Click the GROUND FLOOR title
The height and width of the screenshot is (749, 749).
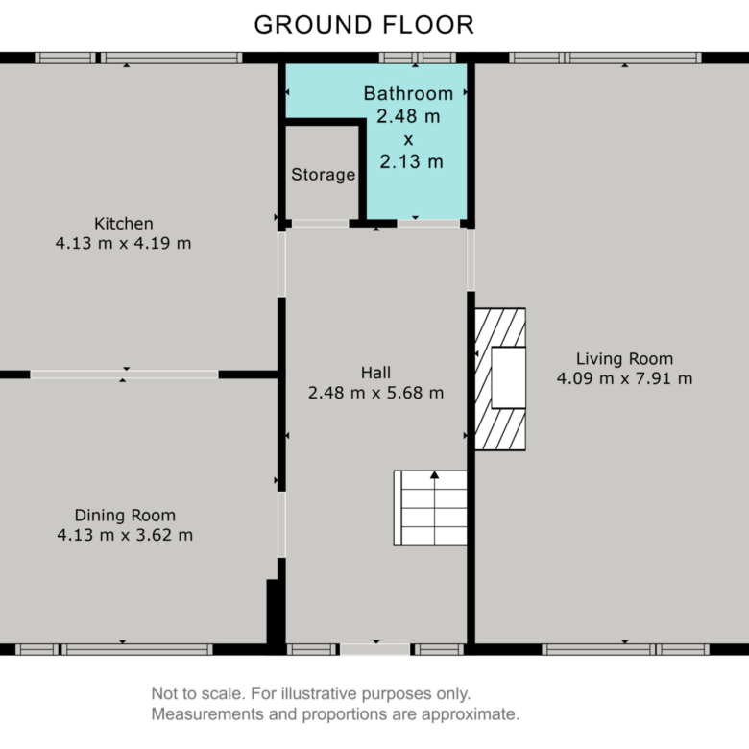point(364,25)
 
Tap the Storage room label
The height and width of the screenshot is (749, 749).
point(324,175)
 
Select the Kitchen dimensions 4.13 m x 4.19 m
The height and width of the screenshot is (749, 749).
point(123,243)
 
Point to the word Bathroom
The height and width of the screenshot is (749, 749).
point(408,94)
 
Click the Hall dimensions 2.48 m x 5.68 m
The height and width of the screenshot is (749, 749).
point(375,393)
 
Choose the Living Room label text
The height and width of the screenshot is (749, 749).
point(624,359)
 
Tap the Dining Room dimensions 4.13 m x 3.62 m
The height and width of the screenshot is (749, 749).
point(125,535)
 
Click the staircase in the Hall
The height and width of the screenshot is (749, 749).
point(430,508)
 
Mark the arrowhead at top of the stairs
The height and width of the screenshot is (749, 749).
point(434,474)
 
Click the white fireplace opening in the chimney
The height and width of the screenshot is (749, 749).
point(509,377)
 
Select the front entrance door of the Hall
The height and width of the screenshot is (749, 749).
point(374,649)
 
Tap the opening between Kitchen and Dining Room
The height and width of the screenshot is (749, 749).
point(124,374)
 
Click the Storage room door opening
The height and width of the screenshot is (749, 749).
point(320,223)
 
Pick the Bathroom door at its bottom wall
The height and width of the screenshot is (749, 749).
point(428,223)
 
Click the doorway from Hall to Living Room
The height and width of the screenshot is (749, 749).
point(471,260)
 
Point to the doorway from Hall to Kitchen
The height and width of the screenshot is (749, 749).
point(281,264)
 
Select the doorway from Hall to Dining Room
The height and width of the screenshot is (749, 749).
point(281,524)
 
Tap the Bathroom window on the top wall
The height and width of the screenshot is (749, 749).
point(418,58)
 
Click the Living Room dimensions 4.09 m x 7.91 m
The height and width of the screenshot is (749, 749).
point(624,378)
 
